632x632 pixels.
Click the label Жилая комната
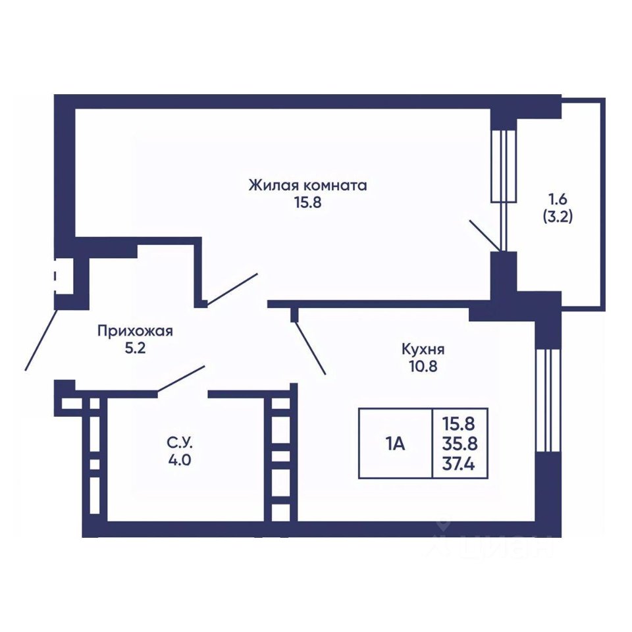coord(308,186)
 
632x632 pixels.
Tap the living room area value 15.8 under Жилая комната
coord(308,202)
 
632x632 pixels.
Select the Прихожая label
coord(135,331)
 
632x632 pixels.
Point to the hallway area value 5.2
coord(135,348)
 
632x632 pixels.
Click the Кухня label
coord(423,350)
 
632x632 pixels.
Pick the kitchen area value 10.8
coord(423,367)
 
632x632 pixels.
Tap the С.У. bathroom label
coord(180,443)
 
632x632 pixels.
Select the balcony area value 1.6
coord(558,199)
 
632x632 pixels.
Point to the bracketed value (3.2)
coord(558,217)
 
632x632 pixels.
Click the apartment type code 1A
coord(395,444)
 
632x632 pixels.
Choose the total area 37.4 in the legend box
coord(459,464)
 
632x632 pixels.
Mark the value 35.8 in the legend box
coord(460,444)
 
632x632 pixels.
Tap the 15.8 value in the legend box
coord(459,423)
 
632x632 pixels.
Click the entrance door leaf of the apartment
coord(41,340)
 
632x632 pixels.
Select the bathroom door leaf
coord(181,379)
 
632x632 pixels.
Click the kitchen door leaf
coord(310,348)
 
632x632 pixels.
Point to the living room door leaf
coord(232,288)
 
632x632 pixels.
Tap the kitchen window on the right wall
coord(547,400)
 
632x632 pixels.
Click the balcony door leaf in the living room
coord(486,236)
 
